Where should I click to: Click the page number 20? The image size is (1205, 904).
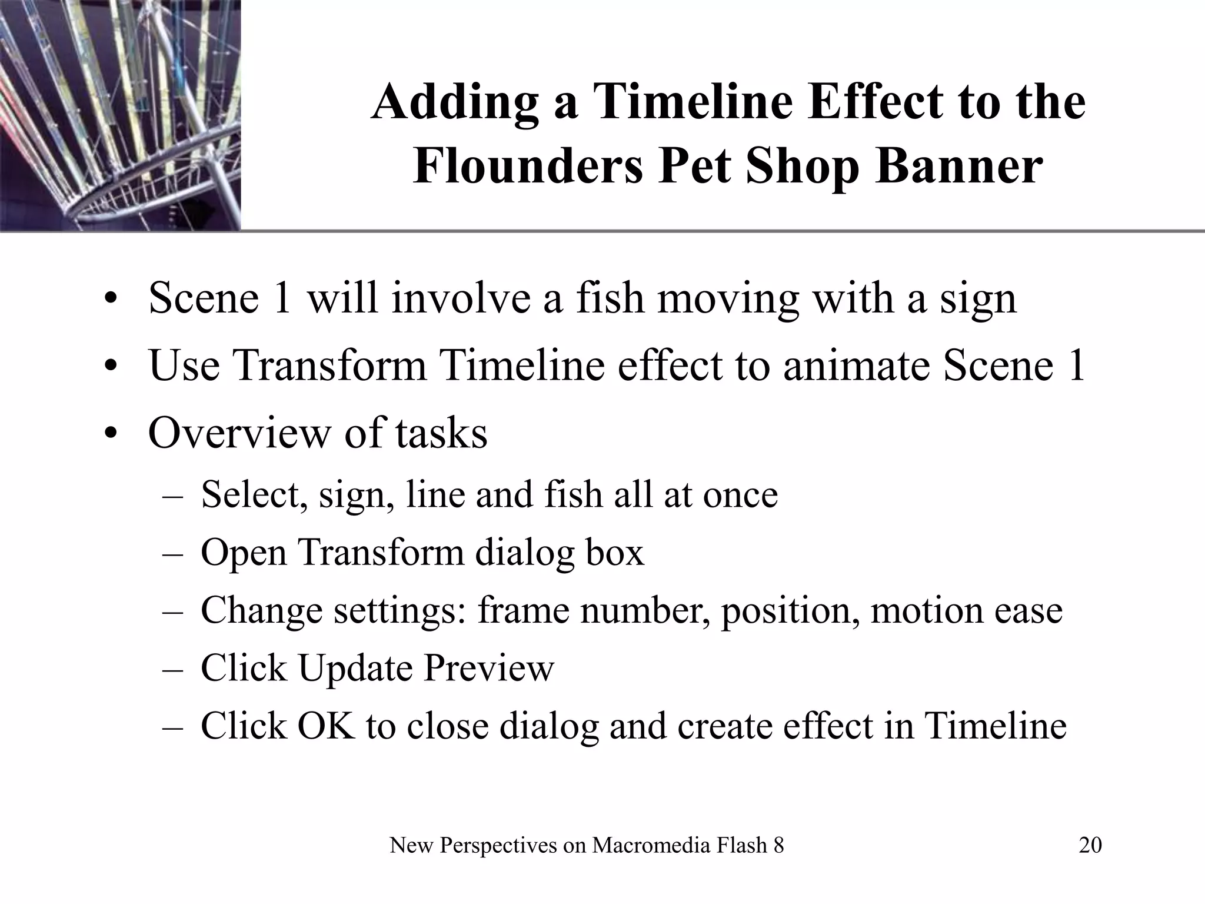pyautogui.click(x=1090, y=845)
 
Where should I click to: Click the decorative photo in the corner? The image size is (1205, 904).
pyautogui.click(x=120, y=115)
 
